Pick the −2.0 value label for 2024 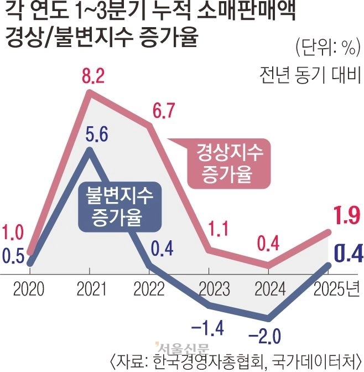coord(269,336)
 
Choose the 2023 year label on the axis coord(208,289)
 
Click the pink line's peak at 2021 coord(91,95)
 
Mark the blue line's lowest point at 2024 coord(269,318)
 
